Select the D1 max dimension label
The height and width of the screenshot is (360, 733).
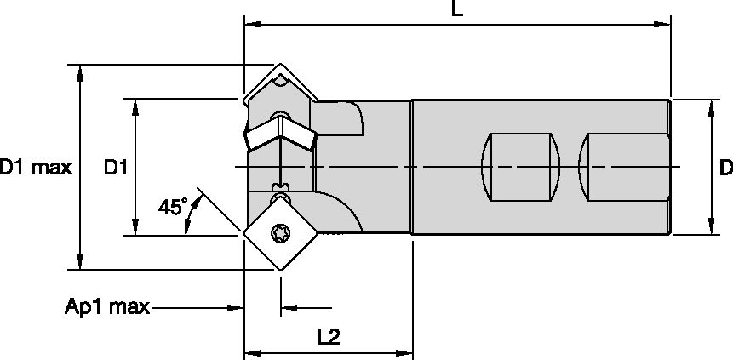coord(35,168)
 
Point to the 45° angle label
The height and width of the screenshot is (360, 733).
coord(172,206)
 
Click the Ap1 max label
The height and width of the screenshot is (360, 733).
coord(107,306)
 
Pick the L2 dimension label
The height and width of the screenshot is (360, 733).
coord(329,336)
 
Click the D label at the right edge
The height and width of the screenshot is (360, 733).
coord(725,168)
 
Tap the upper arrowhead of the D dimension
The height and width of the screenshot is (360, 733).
coord(710,106)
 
